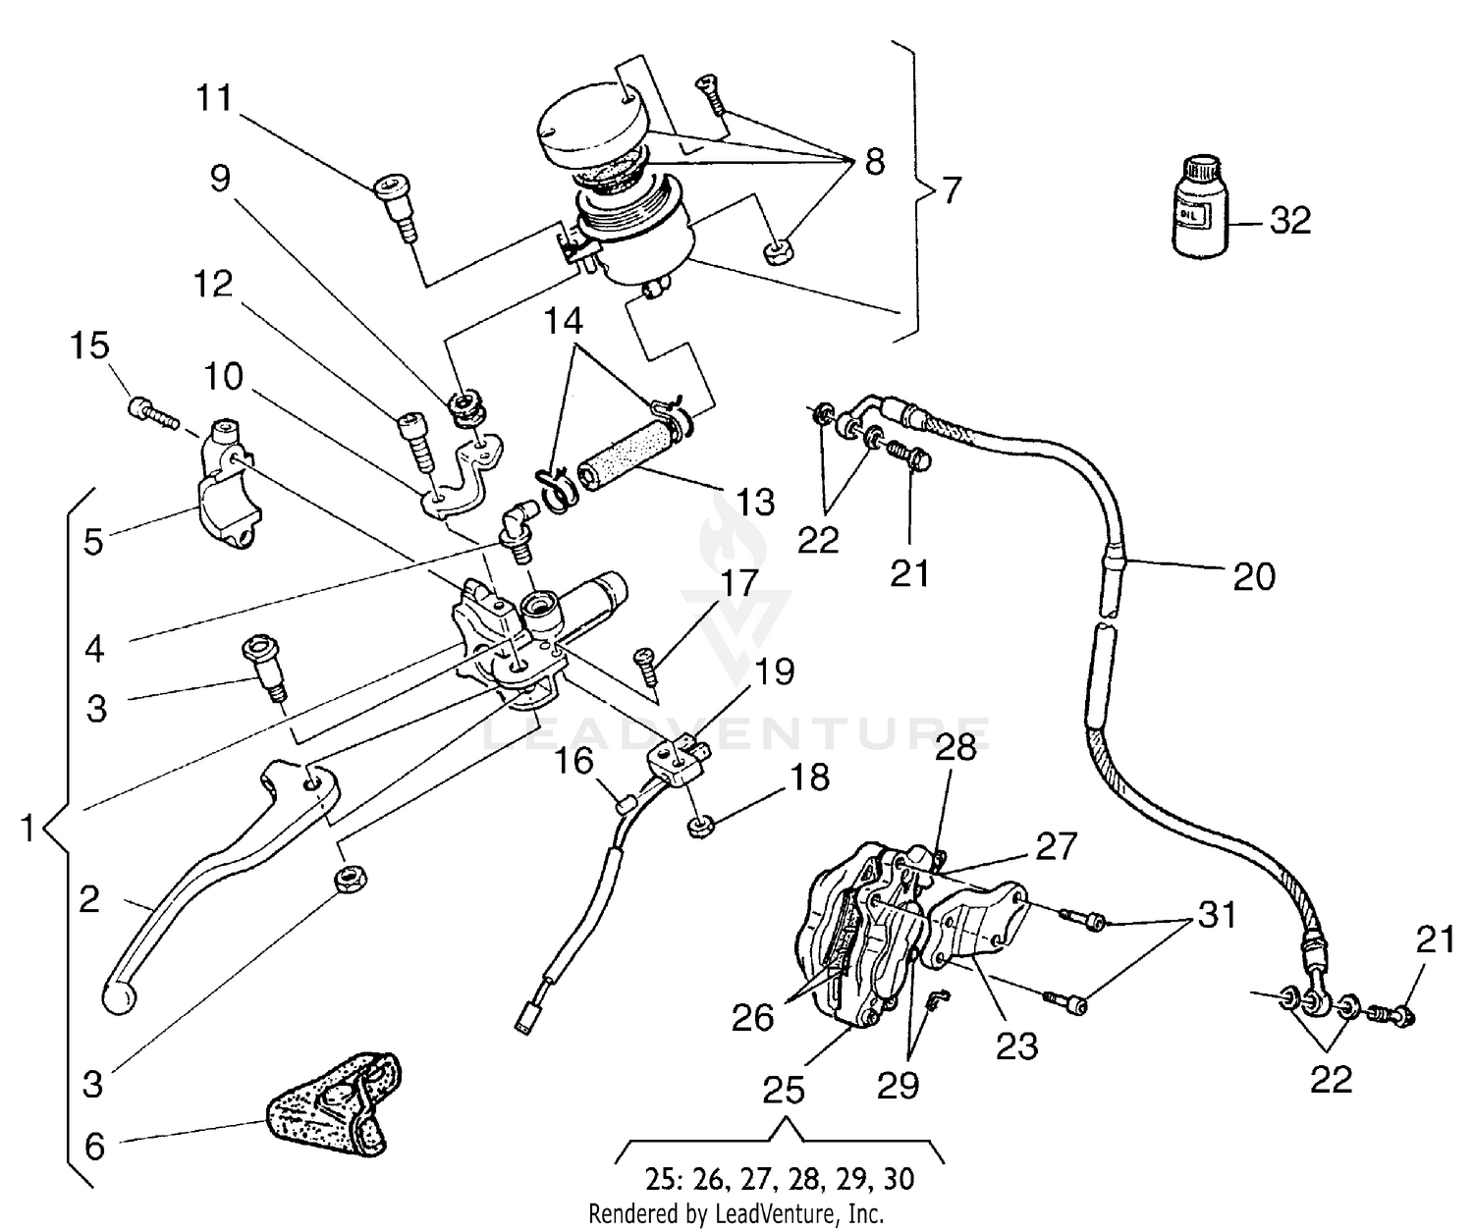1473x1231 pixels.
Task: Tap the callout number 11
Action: pyautogui.click(x=214, y=98)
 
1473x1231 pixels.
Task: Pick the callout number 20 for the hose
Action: pyautogui.click(x=1254, y=576)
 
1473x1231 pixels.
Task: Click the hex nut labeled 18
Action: pyautogui.click(x=700, y=826)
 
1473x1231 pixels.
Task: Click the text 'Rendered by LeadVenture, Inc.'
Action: pyautogui.click(x=736, y=1214)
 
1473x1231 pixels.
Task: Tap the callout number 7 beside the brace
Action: pyautogui.click(x=951, y=189)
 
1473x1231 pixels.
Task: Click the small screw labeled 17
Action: pyautogui.click(x=647, y=667)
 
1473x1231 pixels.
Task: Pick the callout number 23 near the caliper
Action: pyautogui.click(x=1015, y=1046)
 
